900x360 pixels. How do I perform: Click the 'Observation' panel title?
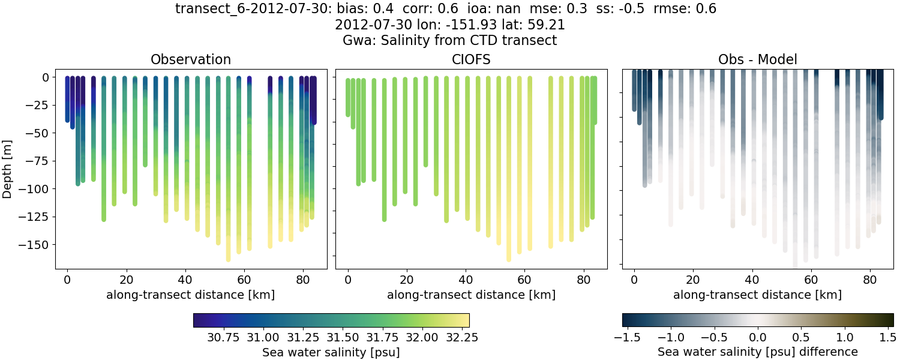[x=191, y=59]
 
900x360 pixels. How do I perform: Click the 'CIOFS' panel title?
[x=471, y=59]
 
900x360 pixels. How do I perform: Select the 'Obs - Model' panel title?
[x=758, y=59]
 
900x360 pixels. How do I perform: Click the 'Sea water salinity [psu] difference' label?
[x=758, y=352]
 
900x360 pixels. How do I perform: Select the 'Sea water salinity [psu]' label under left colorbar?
[x=331, y=353]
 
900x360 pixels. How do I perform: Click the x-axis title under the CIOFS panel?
[x=471, y=295]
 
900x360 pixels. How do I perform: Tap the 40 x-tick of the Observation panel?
[x=185, y=279]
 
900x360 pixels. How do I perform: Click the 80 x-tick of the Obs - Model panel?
[x=869, y=279]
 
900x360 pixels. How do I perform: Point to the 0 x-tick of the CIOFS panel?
[x=348, y=279]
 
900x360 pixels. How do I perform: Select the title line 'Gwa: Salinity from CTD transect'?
[x=449, y=41]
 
